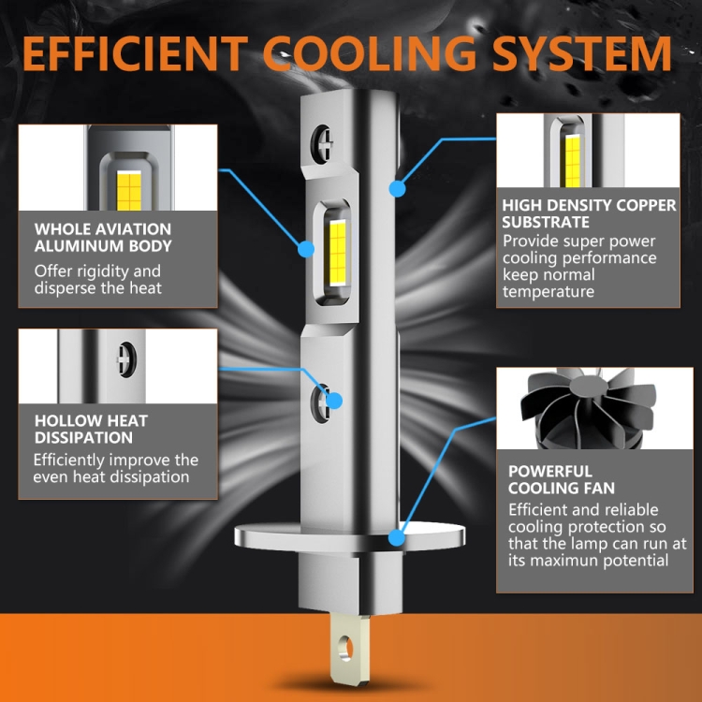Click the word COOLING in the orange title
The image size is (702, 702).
pos(370,53)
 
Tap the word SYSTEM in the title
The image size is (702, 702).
pos(582,53)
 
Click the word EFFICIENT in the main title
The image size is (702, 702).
pos(135,53)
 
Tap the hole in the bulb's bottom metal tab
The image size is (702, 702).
pos(345,648)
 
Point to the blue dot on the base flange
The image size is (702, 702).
pos(397,537)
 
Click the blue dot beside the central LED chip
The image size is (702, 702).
pos(306,249)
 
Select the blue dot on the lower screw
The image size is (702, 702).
pos(334,401)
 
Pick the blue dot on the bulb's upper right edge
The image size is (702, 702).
pos(397,189)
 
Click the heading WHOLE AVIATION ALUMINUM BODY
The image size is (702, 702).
pos(103,238)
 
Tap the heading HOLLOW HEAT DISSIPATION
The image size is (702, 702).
pos(91,429)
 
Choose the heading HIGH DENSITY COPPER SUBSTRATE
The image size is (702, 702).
pos(589,213)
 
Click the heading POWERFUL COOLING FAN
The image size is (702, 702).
pos(562,479)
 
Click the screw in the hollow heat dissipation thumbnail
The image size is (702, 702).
pos(126,359)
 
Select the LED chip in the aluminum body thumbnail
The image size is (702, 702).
pos(129,190)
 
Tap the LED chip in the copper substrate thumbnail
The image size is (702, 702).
pos(573,161)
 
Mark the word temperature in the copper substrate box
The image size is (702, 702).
pos(548,292)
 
